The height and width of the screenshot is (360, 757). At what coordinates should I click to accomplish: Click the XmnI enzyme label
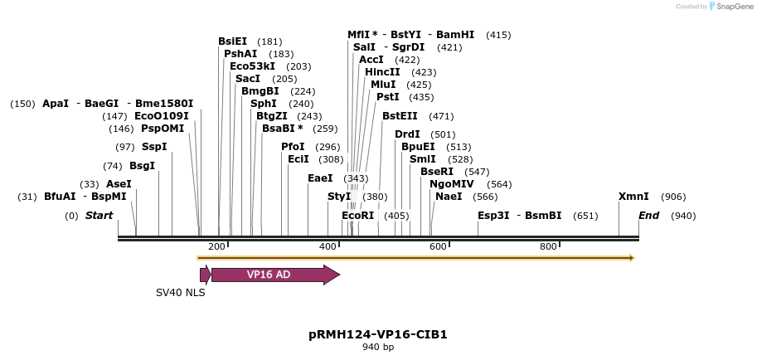tap(633, 197)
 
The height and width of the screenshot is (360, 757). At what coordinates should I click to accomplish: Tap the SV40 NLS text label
tap(180, 293)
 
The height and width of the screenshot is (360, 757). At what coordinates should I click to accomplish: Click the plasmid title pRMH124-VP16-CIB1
tap(377, 334)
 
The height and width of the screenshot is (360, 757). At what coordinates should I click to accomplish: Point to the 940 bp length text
tap(377, 348)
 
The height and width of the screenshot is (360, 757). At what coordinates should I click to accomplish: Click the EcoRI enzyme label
tap(358, 216)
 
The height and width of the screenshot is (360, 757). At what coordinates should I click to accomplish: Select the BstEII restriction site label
tap(400, 116)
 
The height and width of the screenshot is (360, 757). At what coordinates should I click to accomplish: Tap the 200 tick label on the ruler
tap(216, 246)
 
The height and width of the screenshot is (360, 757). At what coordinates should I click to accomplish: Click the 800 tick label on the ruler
tap(548, 246)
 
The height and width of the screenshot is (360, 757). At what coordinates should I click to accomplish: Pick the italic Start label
tap(99, 216)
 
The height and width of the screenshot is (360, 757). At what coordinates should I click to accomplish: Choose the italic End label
tap(648, 216)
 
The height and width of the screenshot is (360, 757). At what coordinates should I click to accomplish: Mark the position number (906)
tap(673, 197)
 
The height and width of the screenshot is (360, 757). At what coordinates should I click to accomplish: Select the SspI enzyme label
tap(154, 147)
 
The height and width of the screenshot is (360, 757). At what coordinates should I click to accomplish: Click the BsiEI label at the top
tap(232, 41)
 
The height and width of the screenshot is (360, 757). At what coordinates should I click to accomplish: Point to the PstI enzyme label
tap(387, 97)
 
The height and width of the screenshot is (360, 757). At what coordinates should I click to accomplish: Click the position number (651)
tap(585, 216)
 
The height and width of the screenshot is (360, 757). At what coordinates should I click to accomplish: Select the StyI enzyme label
tap(339, 197)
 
